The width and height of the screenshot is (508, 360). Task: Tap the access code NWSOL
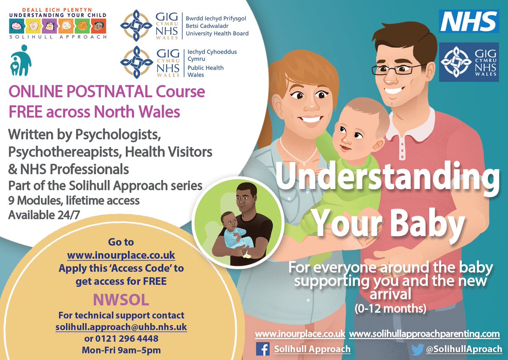[x=121, y=300]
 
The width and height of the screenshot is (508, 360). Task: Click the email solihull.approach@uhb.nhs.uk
[x=121, y=327]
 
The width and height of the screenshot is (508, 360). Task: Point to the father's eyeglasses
[x=398, y=68]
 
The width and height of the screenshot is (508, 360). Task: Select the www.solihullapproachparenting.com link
[x=425, y=334]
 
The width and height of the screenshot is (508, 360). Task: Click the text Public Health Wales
[x=205, y=71]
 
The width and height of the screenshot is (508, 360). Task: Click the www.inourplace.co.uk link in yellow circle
[x=121, y=256]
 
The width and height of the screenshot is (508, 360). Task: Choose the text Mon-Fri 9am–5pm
[x=121, y=351]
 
